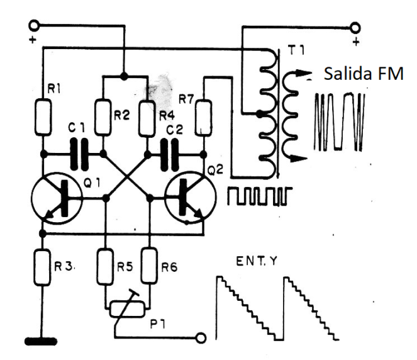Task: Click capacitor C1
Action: click(79, 153)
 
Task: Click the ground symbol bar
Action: click(42, 342)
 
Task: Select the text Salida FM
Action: click(363, 75)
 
